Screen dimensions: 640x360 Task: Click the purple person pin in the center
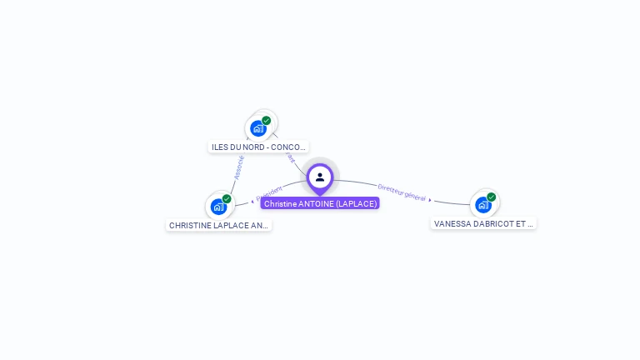pos(320,177)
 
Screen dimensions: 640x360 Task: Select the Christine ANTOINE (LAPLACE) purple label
pos(320,203)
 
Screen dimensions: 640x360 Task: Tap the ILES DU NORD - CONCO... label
pos(258,147)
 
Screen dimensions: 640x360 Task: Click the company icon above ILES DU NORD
pos(258,128)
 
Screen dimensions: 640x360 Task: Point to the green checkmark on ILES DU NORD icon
pos(267,120)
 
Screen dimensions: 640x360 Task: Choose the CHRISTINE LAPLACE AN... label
pos(218,225)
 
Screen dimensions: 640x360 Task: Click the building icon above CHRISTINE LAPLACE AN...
pos(218,207)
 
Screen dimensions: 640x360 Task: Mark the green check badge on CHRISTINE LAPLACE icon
pos(227,198)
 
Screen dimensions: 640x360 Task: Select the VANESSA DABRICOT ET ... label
pos(483,223)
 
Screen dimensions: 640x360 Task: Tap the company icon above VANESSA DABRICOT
pos(482,205)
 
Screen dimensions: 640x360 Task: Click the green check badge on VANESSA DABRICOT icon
pos(492,197)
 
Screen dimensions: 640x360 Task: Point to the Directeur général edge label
pos(402,192)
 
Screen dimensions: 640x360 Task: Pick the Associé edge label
pos(238,166)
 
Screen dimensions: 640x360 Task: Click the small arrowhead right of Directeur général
pos(430,200)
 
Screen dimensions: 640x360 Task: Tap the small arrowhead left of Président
pos(252,201)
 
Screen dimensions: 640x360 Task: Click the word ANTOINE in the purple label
pos(316,203)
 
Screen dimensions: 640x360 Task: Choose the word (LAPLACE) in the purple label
pos(357,203)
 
